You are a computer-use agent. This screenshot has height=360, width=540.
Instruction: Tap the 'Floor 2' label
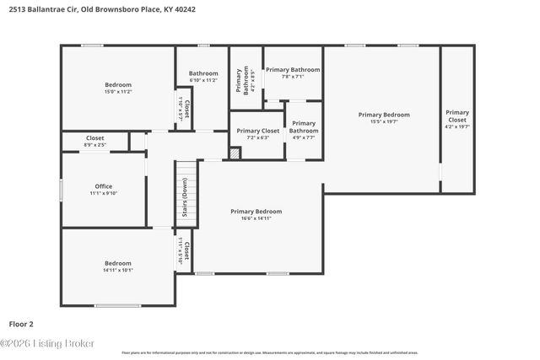point(21,323)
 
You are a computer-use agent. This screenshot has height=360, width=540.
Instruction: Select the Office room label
point(104,186)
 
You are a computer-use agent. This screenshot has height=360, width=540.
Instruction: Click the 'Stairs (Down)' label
point(185,203)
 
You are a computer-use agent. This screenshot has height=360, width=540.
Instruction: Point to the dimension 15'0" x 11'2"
point(118,91)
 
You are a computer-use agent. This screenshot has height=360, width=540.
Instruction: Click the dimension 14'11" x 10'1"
point(118,270)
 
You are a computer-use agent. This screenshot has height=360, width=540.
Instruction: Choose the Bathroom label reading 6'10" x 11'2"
point(203,73)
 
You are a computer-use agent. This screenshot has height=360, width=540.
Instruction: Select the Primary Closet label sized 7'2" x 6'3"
point(257,131)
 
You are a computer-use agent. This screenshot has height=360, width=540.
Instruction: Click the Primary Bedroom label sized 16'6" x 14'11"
point(256,212)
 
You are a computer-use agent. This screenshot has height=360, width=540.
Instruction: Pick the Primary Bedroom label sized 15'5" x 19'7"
point(384,115)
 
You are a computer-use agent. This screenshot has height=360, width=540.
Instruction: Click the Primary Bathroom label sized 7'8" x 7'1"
point(292,69)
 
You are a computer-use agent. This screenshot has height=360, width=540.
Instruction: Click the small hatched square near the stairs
point(235,153)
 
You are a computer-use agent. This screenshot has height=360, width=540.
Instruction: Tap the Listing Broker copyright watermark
point(48,343)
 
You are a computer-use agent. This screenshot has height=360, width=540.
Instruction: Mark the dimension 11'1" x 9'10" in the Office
point(104,193)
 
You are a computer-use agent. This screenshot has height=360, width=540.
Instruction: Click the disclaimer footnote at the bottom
point(269,352)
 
